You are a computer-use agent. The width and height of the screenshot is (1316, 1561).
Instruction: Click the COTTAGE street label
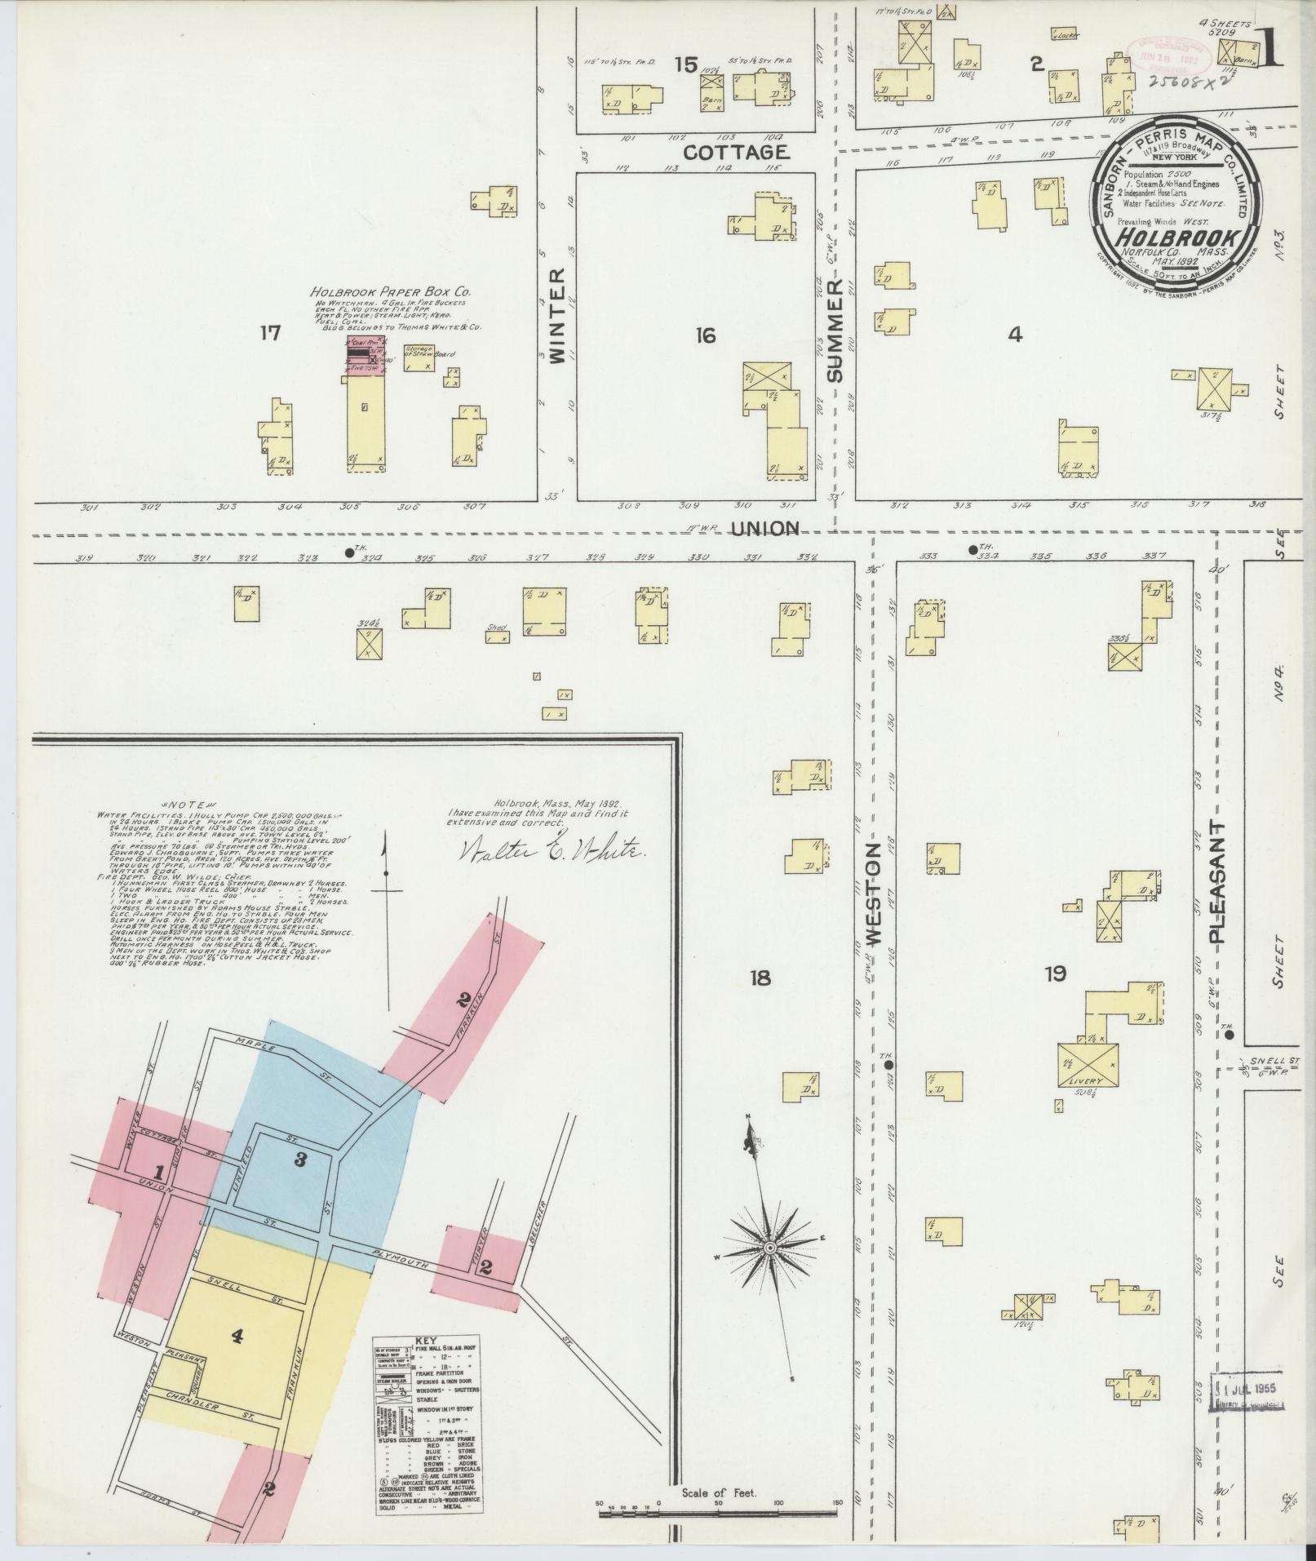(735, 152)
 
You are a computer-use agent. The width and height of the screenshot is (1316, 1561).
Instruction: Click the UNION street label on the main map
(764, 529)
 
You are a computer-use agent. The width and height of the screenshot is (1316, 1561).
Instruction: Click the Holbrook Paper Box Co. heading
(390, 291)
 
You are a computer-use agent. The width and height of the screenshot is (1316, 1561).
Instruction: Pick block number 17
(270, 333)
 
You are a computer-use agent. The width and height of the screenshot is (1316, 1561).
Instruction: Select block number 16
(706, 335)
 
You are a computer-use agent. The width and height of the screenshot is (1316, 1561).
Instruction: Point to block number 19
(1056, 973)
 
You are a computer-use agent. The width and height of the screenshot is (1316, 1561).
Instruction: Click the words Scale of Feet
(719, 1492)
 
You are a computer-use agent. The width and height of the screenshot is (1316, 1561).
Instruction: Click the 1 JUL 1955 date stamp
(1246, 1389)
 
